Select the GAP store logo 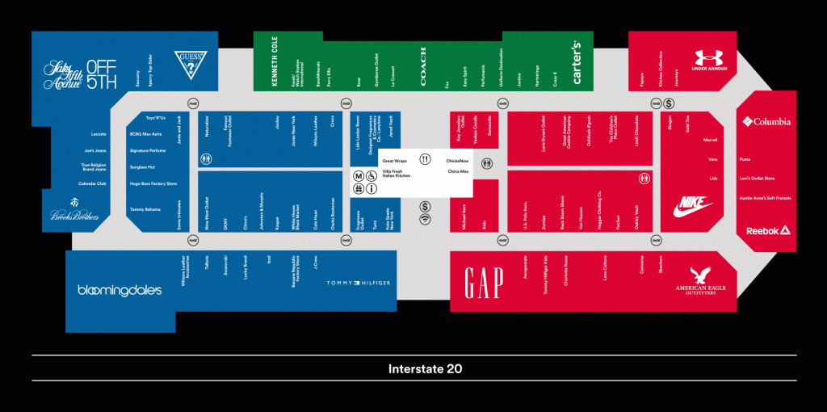[x=484, y=283]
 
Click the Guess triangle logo [x=191, y=64]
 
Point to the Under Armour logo [x=710, y=61]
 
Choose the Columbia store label [x=766, y=122]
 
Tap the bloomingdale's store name [x=120, y=290]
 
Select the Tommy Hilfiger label [x=358, y=283]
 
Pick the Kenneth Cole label [x=275, y=62]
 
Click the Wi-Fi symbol [x=425, y=219]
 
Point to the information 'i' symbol [x=371, y=189]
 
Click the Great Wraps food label [x=394, y=161]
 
